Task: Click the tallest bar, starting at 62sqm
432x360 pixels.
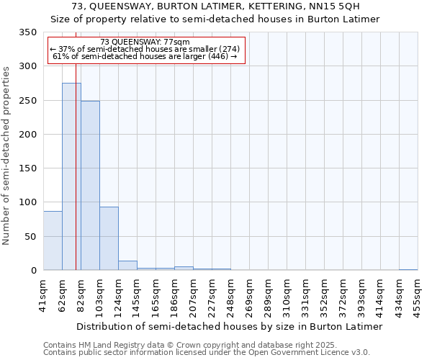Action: pyautogui.click(x=71, y=176)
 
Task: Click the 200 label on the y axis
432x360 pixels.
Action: pyautogui.click(x=27, y=135)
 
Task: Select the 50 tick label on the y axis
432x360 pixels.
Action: pyautogui.click(x=30, y=237)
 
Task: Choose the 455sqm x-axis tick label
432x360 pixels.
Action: pyautogui.click(x=418, y=295)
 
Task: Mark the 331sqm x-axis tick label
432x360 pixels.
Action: pyautogui.click(x=305, y=295)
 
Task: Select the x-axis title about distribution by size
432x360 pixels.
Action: pyautogui.click(x=229, y=326)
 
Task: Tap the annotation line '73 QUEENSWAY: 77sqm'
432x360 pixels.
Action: pyautogui.click(x=145, y=42)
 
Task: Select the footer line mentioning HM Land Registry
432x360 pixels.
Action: pyautogui.click(x=206, y=345)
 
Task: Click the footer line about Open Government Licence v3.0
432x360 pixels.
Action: pyautogui.click(x=206, y=353)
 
